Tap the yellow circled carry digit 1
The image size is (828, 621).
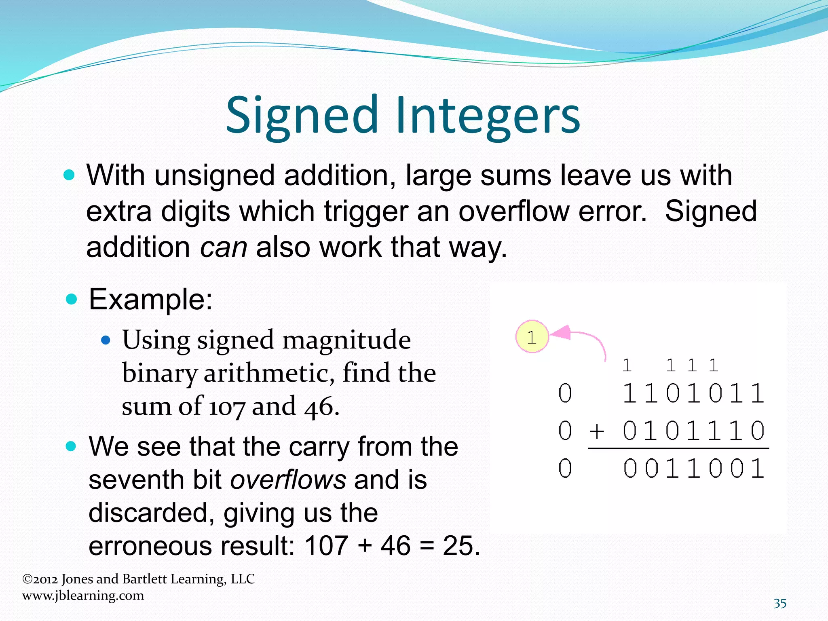pos(532,337)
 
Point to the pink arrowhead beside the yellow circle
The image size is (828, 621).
pos(560,333)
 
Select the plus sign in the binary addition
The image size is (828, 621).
pos(597,431)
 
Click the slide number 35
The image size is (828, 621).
pos(780,604)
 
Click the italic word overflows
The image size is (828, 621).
pos(288,479)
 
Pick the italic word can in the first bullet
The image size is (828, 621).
pos(223,247)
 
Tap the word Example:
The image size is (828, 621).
pos(150,300)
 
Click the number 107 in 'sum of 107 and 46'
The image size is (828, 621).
pos(226,406)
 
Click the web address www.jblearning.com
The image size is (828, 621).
pos(83,596)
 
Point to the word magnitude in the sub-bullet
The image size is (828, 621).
pos(346,340)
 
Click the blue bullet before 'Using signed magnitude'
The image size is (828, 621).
pos(106,340)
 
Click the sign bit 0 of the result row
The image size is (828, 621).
pos(565,469)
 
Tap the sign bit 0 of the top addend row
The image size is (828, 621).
pos(565,393)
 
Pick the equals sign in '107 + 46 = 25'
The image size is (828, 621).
pos(427,546)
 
